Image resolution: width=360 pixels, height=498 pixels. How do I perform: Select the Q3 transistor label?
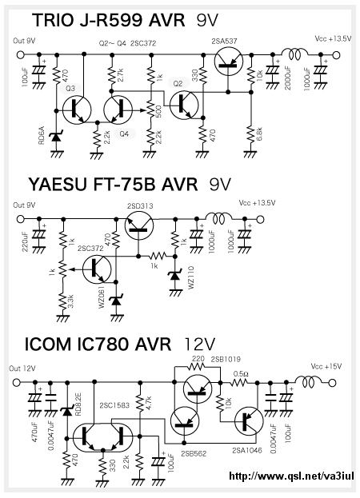click(x=70, y=88)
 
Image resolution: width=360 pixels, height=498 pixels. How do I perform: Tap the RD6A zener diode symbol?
click(x=56, y=137)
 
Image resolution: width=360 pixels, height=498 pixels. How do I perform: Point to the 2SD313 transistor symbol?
click(x=139, y=225)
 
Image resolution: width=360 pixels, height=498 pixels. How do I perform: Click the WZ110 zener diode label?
click(x=190, y=277)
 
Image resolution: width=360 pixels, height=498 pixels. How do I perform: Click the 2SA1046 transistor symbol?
click(x=249, y=420)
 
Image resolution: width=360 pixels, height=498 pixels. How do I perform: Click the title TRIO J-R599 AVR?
click(x=109, y=21)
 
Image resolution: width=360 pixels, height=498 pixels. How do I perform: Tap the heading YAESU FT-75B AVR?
click(x=113, y=185)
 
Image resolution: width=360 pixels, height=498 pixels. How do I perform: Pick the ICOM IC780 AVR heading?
click(x=98, y=344)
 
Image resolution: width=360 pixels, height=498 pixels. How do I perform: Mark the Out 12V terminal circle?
click(x=16, y=382)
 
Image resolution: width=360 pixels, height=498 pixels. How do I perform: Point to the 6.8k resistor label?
click(x=259, y=135)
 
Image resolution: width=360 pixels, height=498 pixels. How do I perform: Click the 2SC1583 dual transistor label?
click(x=114, y=405)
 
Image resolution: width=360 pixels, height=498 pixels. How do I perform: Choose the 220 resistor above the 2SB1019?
click(x=197, y=366)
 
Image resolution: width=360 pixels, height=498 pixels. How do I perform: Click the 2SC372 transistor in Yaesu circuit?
click(x=97, y=269)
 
